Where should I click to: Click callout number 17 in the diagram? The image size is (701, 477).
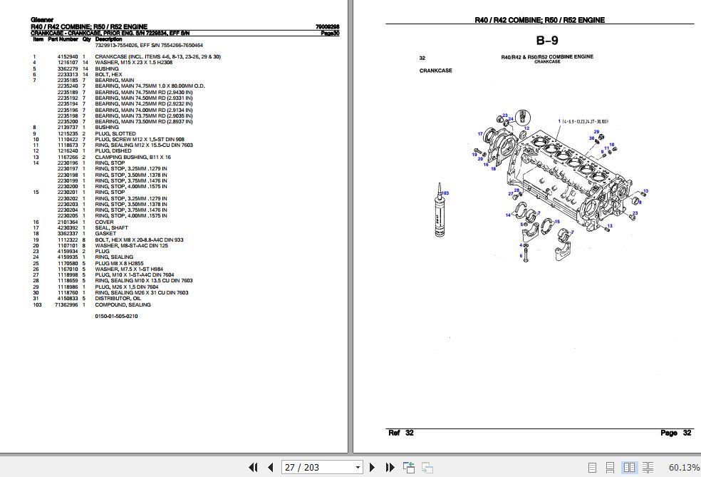click(x=480, y=133)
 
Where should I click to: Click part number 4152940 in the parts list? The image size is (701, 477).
click(x=68, y=56)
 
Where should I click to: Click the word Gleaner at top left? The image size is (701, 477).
click(x=41, y=19)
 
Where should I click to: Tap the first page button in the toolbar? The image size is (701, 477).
click(x=253, y=468)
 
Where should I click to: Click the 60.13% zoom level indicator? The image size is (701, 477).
click(x=684, y=468)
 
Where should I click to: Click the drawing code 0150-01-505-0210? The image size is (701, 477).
click(x=116, y=316)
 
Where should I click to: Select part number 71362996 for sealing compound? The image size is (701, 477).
click(x=66, y=304)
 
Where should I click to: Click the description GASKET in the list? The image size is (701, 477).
click(x=105, y=233)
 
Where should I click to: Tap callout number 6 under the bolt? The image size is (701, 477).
click(x=521, y=255)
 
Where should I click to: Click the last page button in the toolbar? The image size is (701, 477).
click(x=390, y=468)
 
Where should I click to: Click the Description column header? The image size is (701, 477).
click(x=108, y=39)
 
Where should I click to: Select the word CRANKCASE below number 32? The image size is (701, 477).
click(x=435, y=71)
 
